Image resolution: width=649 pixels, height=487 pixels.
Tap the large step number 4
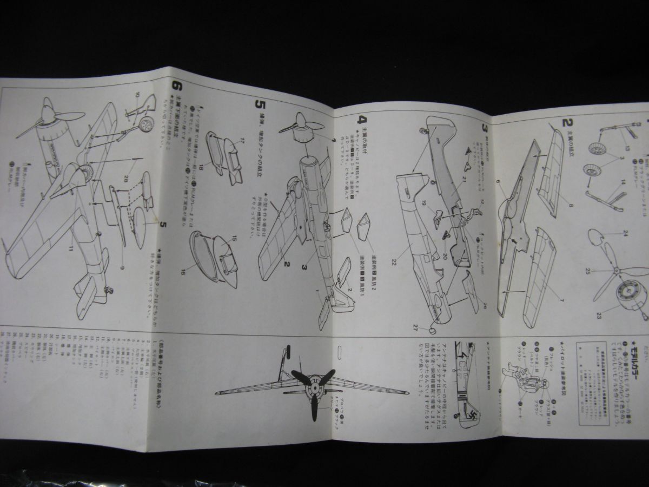363,118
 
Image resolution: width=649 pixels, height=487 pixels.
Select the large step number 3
485,128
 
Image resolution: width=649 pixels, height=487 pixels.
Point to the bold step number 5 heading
260,102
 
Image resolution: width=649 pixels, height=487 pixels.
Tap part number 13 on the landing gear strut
627,148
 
